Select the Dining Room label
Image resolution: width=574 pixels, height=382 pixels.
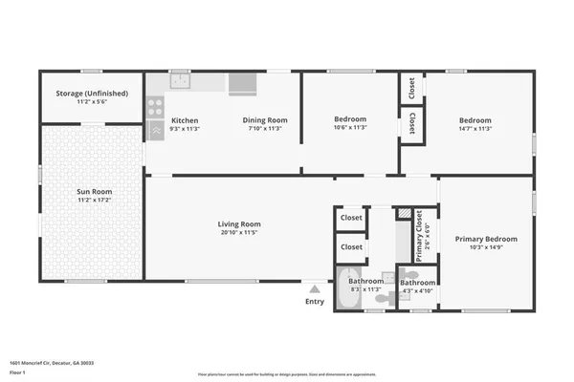tap(264, 120)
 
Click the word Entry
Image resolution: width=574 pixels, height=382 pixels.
tap(315, 302)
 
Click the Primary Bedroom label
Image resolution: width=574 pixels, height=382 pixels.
tap(486, 239)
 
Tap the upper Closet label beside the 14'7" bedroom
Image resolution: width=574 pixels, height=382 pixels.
tap(411, 89)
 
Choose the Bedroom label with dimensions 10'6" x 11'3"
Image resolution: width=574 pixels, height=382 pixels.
tap(349, 119)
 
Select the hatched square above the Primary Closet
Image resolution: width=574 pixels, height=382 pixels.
tap(404, 214)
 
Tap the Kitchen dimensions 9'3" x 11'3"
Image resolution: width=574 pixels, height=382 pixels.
tap(185, 129)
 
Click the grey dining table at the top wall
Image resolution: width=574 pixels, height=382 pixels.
tap(242, 83)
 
